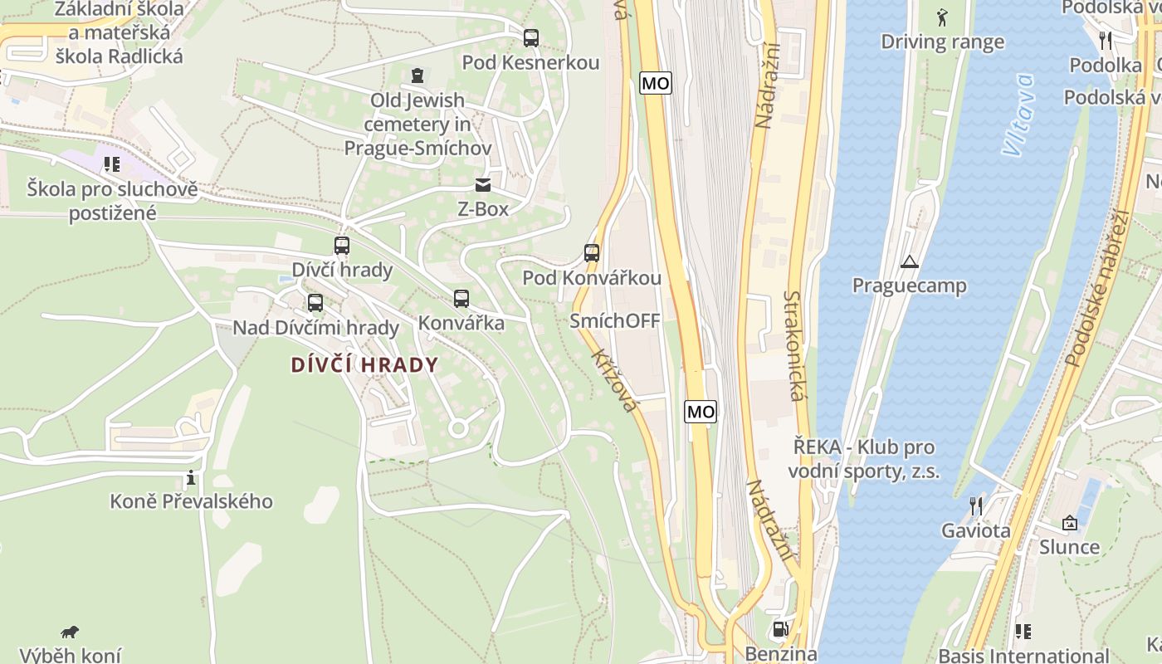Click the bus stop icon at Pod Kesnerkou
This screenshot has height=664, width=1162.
(530, 37)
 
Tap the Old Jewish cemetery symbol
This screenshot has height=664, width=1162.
(417, 76)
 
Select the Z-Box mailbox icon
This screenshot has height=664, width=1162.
(482, 185)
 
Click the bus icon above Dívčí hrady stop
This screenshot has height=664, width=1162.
(341, 246)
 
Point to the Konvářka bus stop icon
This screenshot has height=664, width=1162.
(461, 299)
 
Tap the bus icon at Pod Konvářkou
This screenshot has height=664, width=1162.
(591, 253)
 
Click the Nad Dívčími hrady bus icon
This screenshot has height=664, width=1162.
(315, 303)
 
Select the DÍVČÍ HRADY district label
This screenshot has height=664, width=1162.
(364, 365)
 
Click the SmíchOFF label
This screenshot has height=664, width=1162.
(615, 321)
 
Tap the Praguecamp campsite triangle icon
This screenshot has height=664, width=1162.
(910, 262)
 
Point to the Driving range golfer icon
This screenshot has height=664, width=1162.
(942, 17)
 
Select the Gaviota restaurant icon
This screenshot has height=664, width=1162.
(975, 506)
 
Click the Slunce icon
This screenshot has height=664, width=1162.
(1069, 523)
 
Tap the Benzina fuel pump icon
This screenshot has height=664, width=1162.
(780, 629)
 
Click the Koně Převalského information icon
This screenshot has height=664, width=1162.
(191, 477)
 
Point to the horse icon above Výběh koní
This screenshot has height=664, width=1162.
(71, 632)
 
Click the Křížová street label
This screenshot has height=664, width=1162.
(614, 379)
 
